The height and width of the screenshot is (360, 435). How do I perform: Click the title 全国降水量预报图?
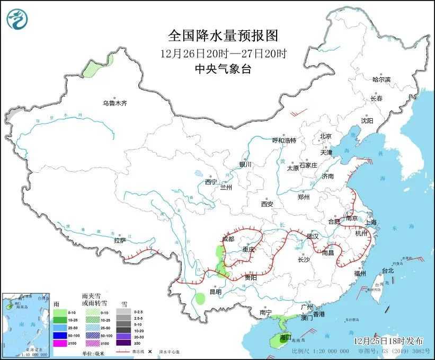(x=223, y=36)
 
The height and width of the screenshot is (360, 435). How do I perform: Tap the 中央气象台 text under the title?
(x=223, y=68)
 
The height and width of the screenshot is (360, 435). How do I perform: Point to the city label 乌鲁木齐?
(x=115, y=103)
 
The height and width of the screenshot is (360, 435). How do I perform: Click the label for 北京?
(x=325, y=136)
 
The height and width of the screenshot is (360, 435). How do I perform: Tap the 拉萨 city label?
(x=120, y=240)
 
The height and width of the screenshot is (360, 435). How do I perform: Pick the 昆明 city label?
(x=215, y=292)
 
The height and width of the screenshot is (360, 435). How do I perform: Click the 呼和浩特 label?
(x=284, y=141)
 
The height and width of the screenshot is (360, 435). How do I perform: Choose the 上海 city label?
(x=369, y=222)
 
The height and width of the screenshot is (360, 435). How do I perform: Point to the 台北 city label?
(x=388, y=271)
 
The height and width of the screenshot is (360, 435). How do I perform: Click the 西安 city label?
(x=267, y=204)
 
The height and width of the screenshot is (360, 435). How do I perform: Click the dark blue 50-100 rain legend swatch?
(x=60, y=336)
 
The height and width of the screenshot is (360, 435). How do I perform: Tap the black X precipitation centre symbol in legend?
(x=150, y=351)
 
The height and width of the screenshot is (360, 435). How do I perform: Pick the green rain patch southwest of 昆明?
(x=200, y=298)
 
